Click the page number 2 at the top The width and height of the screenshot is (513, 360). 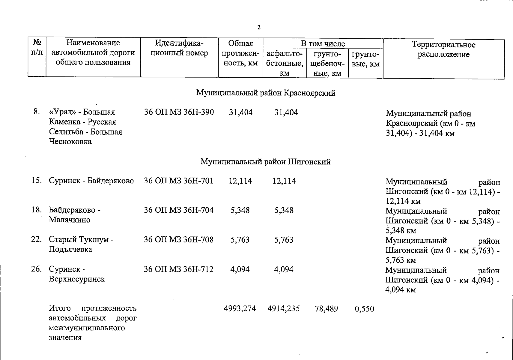click(x=259, y=28)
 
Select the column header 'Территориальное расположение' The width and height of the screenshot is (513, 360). click(x=443, y=50)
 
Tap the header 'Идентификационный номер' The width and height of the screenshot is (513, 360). click(x=179, y=48)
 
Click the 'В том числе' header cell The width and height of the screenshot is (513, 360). click(x=323, y=44)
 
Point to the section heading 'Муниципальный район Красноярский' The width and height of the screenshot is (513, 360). click(x=266, y=93)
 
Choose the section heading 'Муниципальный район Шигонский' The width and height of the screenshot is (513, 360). click(x=265, y=162)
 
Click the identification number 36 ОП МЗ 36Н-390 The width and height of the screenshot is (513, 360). click(x=179, y=112)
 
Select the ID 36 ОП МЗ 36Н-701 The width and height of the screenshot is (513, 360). click(x=179, y=181)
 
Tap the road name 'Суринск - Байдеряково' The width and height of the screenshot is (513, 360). click(x=91, y=181)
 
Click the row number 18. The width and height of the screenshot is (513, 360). click(x=37, y=210)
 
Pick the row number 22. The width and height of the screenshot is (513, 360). click(x=36, y=240)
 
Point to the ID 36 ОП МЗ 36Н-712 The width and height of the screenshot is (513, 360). click(x=179, y=269)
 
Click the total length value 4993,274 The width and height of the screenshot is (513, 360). click(x=240, y=308)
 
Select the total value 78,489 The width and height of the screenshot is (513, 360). click(x=326, y=309)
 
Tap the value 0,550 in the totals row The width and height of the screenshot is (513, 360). click(x=364, y=309)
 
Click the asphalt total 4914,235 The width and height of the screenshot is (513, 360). click(x=284, y=308)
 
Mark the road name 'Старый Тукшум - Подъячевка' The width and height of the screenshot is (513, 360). click(x=81, y=244)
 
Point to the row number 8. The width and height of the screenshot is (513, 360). click(x=37, y=112)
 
